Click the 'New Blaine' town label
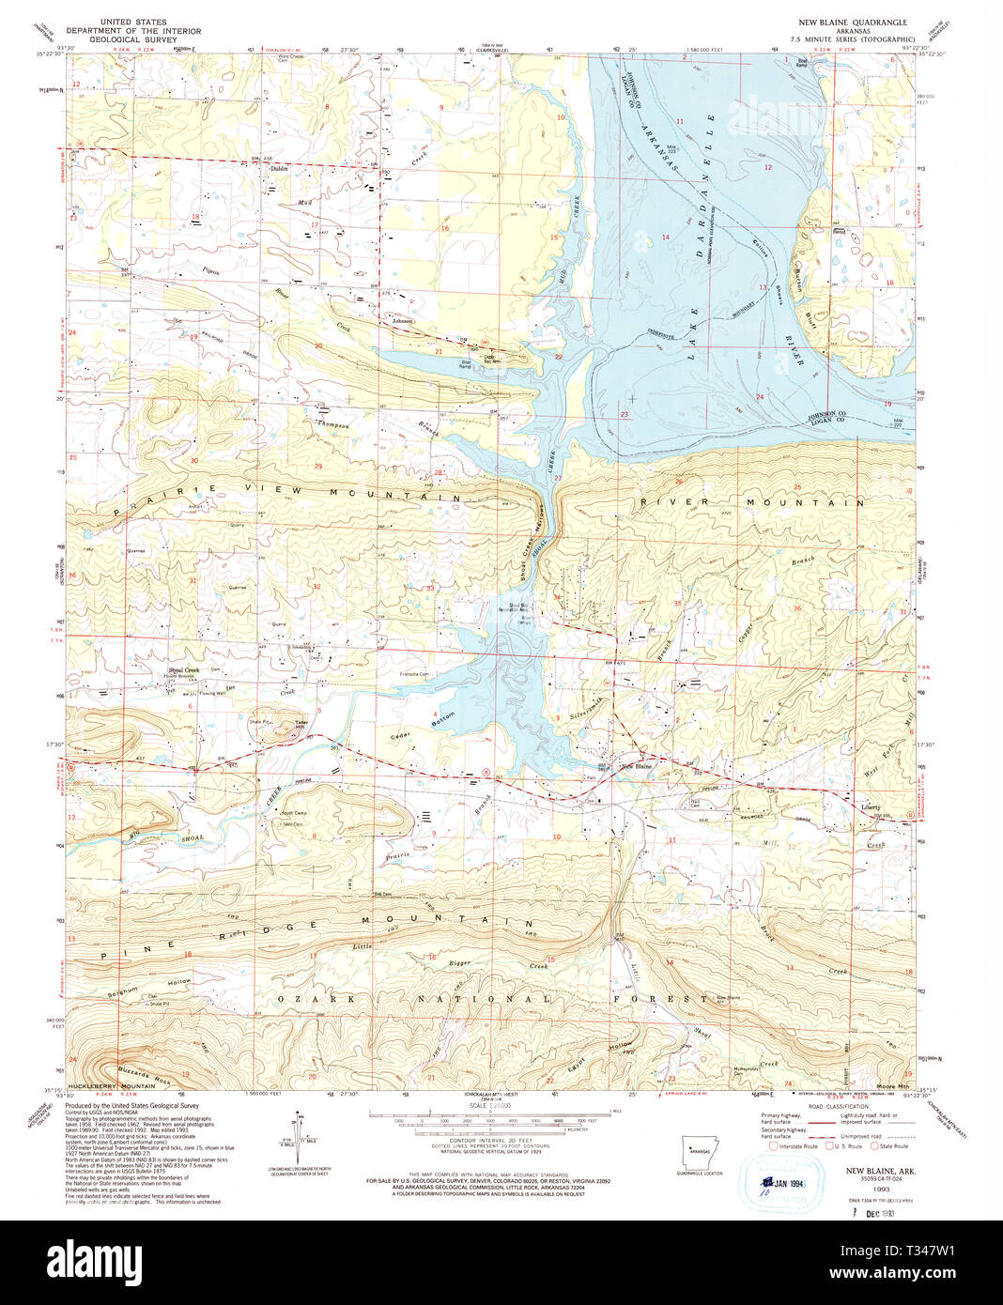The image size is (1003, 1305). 637,767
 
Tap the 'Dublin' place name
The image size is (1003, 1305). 278,169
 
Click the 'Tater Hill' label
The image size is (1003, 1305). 301,725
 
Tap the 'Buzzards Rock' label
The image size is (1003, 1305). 139,1070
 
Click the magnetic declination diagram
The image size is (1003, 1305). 300,1130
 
